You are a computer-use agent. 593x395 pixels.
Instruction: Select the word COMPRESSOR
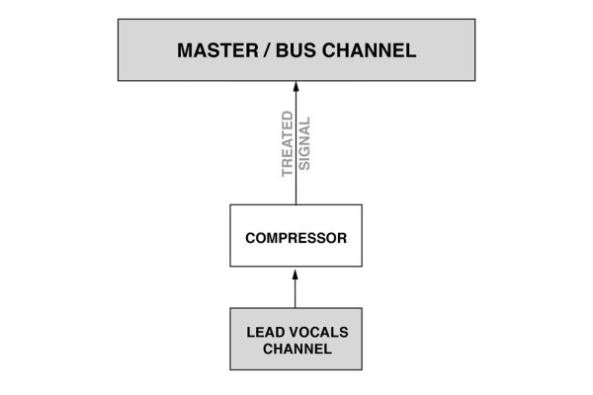296,237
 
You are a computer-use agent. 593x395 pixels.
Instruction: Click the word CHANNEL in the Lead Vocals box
296,349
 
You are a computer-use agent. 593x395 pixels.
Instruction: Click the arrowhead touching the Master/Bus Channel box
296,87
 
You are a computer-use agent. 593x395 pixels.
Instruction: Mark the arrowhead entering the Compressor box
296,273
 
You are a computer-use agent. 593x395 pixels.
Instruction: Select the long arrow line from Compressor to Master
296,148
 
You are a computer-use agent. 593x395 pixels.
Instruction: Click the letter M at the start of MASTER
185,50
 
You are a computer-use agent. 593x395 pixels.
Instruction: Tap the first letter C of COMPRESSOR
250,237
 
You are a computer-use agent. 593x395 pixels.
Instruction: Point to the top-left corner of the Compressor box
230,205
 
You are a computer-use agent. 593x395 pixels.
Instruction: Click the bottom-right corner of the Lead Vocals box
362,368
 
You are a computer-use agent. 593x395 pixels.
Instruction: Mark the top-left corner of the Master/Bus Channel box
118,19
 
